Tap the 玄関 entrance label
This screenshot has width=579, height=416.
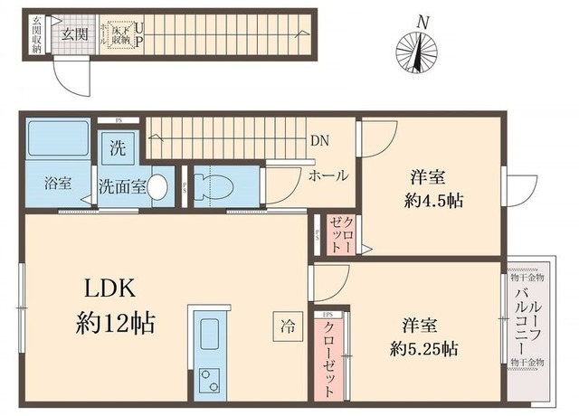coord(74,33)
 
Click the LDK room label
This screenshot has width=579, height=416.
coord(110,290)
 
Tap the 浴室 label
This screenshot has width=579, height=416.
coord(56,182)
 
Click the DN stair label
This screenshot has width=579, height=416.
coord(318,141)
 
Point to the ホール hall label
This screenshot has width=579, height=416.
coord(327,175)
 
